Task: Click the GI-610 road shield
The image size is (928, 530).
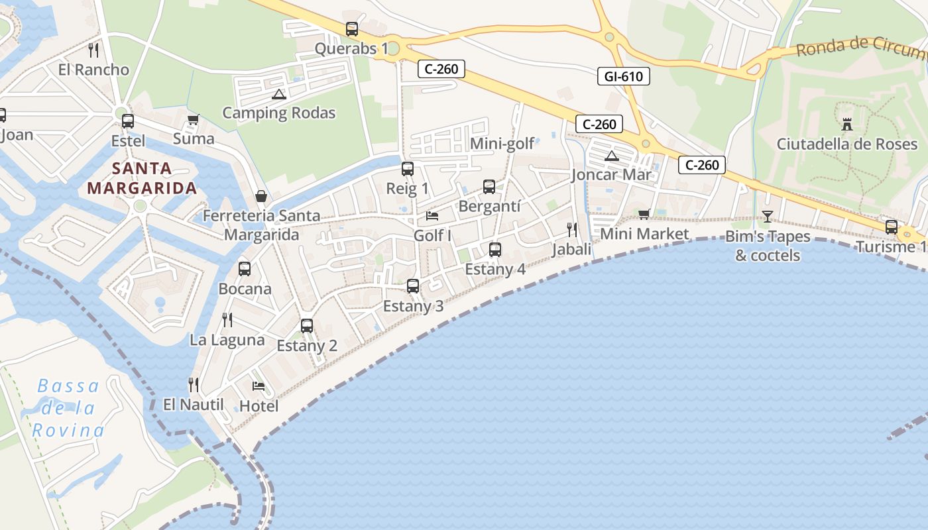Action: [x=623, y=76]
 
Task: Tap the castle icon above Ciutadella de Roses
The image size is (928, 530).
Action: [x=846, y=124]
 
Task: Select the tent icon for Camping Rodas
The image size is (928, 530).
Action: [x=278, y=94]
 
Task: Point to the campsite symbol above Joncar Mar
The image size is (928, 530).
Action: [x=611, y=156]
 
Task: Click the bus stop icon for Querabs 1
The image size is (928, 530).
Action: [x=351, y=29]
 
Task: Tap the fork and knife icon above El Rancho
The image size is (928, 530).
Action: [x=93, y=50]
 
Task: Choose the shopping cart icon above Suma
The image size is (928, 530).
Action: [x=193, y=120]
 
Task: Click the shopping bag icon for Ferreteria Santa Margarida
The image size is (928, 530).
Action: [x=261, y=197]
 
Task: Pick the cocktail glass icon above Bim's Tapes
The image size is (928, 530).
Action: [x=767, y=216]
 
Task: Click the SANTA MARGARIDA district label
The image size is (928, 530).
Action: [x=142, y=178]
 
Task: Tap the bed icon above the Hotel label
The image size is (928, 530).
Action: [x=259, y=386]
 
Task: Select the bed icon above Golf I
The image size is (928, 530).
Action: [x=432, y=216]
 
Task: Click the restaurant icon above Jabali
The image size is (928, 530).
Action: [x=571, y=230]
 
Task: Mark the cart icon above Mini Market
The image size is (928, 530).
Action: [x=644, y=214]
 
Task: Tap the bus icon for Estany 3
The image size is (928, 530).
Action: [x=412, y=286]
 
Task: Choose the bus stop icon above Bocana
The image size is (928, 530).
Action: [x=244, y=269]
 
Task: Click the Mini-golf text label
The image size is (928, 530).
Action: [x=502, y=144]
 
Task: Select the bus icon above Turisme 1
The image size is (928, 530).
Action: [x=891, y=227]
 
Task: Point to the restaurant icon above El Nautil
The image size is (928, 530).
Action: [x=194, y=384]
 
